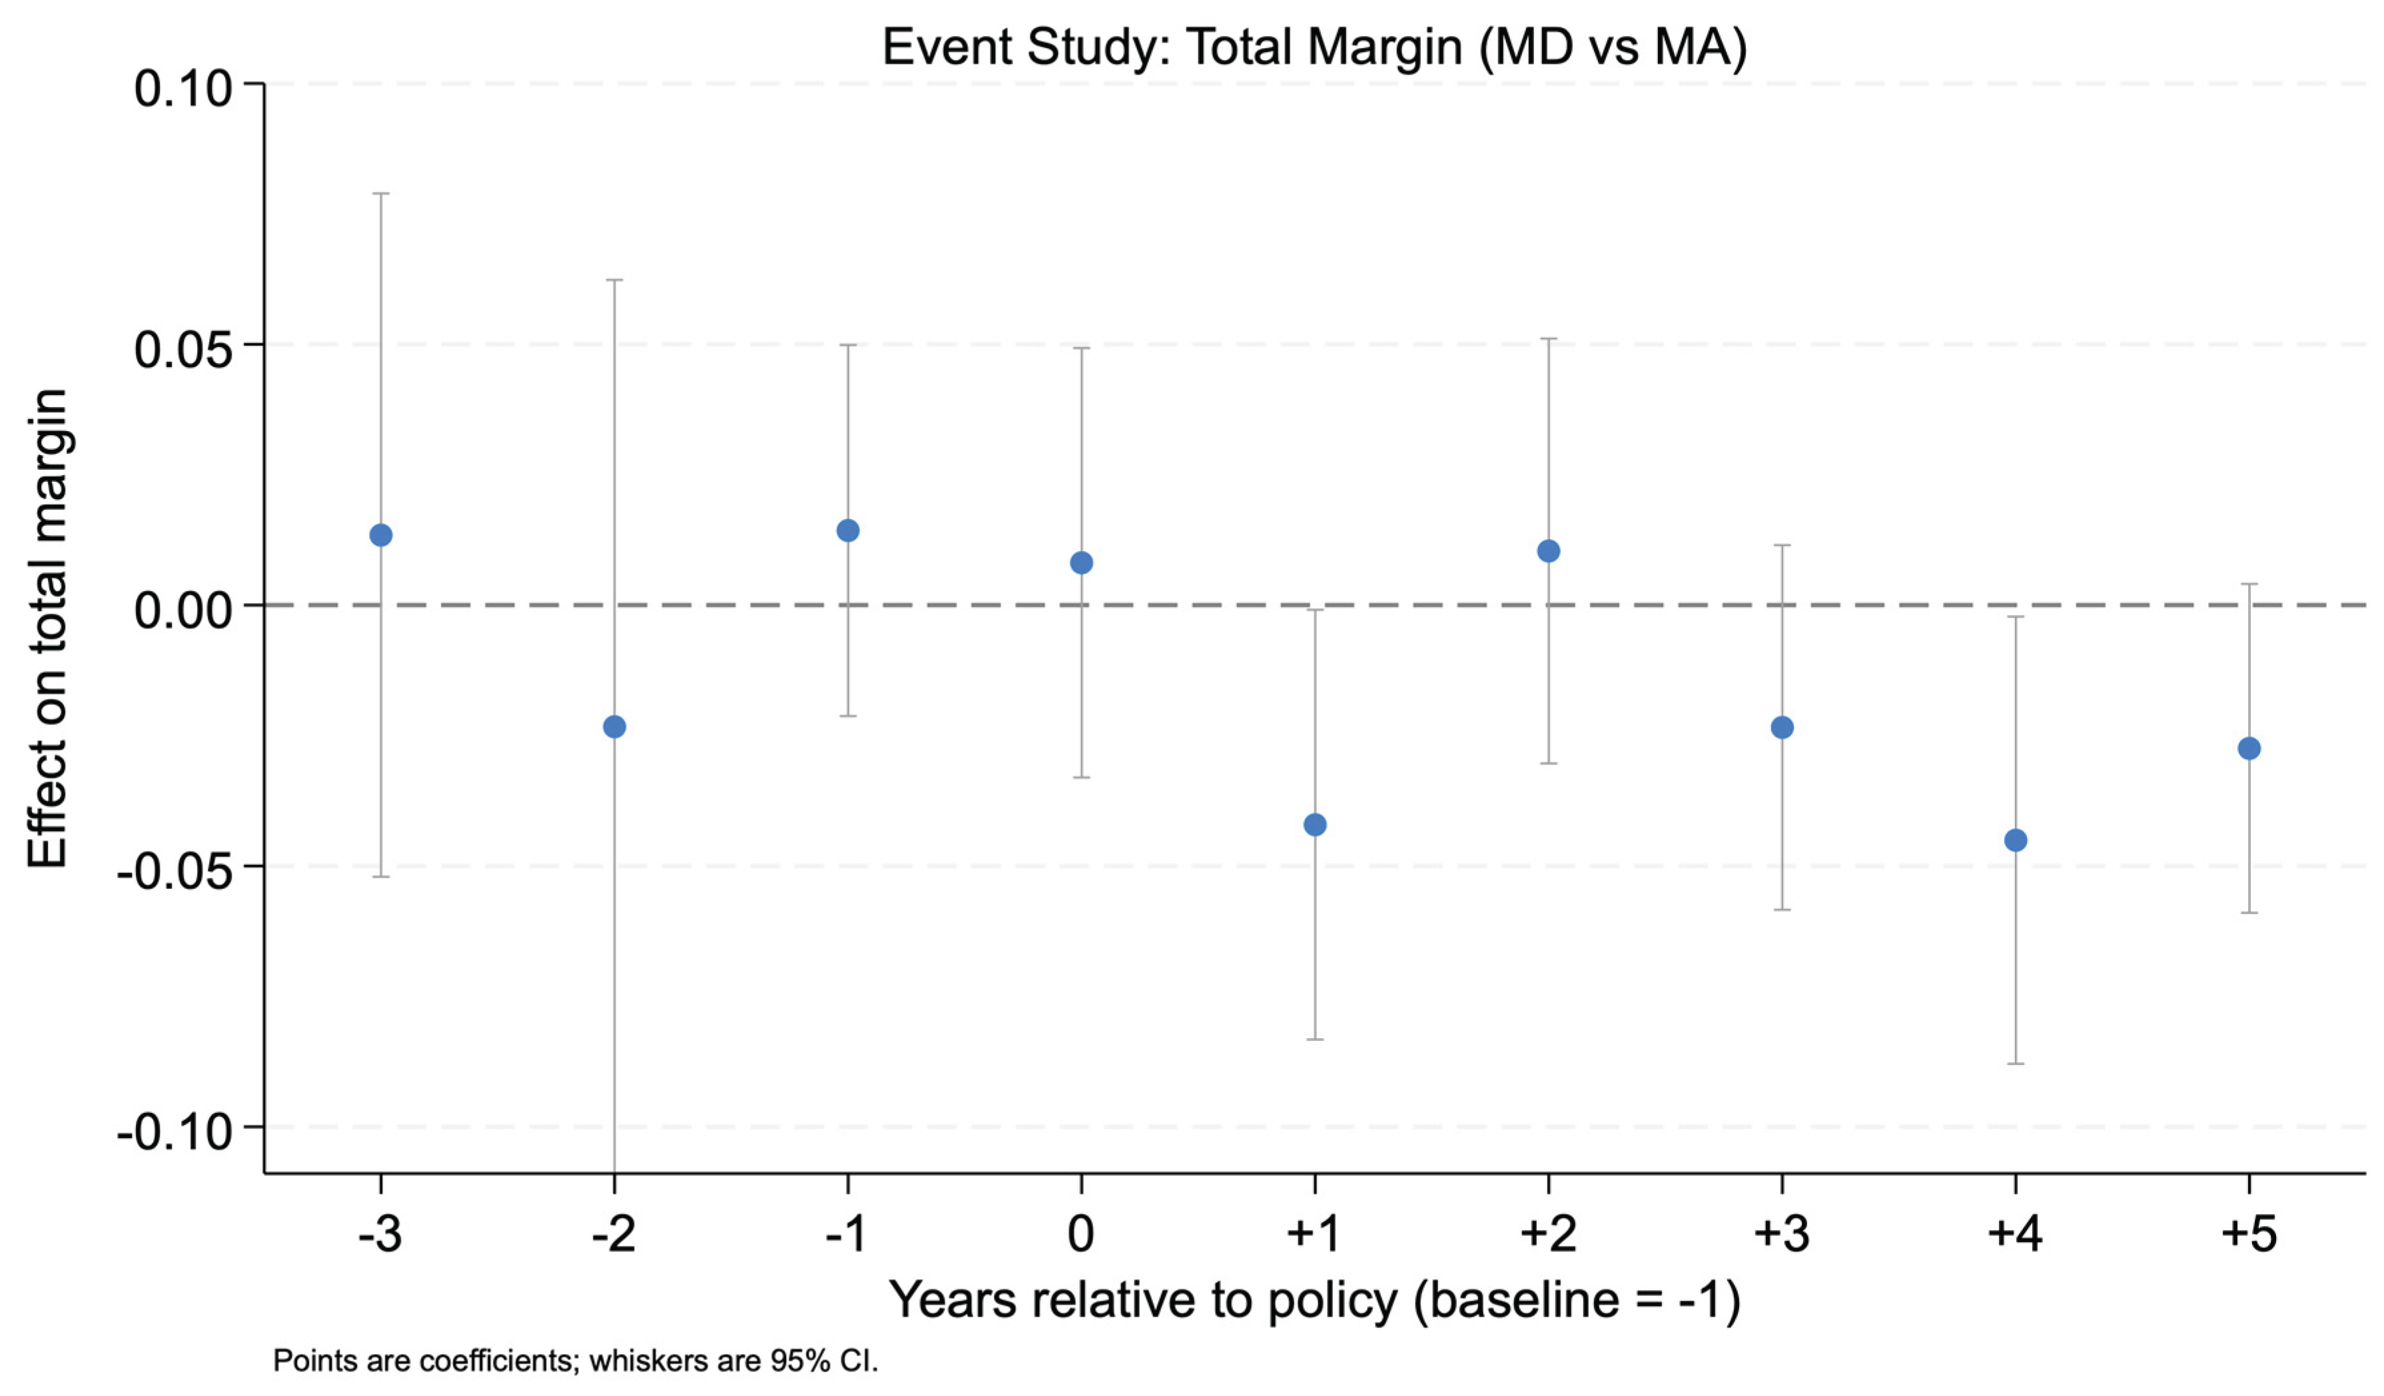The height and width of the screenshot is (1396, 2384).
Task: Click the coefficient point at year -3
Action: [x=380, y=536]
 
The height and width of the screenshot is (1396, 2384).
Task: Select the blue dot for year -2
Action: [x=614, y=727]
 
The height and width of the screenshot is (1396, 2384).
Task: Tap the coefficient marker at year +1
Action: [x=1315, y=826]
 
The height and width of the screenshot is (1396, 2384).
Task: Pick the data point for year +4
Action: [x=2016, y=840]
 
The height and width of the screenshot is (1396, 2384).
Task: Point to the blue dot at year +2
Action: [x=1549, y=551]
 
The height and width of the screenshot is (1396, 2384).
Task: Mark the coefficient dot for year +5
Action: [x=2249, y=748]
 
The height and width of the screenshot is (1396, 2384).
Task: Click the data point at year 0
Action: [x=1081, y=563]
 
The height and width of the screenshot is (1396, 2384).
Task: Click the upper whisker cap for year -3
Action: [x=380, y=193]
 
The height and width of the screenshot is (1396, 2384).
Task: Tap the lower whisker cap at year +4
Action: [x=2016, y=1063]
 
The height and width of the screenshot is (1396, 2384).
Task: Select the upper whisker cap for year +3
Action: [x=1783, y=545]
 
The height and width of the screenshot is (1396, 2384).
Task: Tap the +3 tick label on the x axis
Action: [x=1783, y=1234]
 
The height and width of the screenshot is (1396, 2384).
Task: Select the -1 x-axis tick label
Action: [x=846, y=1234]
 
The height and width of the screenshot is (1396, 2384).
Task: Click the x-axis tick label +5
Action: [x=2249, y=1234]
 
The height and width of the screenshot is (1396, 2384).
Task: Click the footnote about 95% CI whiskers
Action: [x=576, y=1361]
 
